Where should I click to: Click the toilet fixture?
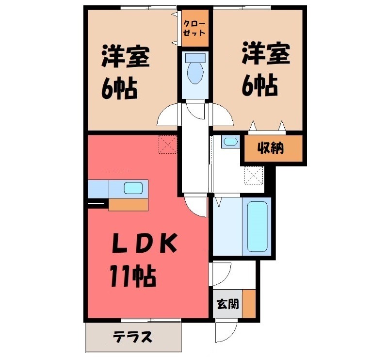point(195,68)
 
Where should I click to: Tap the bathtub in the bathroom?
point(257,226)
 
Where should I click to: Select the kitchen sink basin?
point(132,187)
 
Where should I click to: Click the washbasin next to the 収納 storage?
point(230,142)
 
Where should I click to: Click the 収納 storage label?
point(271,149)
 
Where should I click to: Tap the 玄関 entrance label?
point(227,304)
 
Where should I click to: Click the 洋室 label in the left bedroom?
point(125,57)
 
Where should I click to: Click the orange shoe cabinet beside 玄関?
point(249,303)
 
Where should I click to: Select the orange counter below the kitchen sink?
point(128,204)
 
